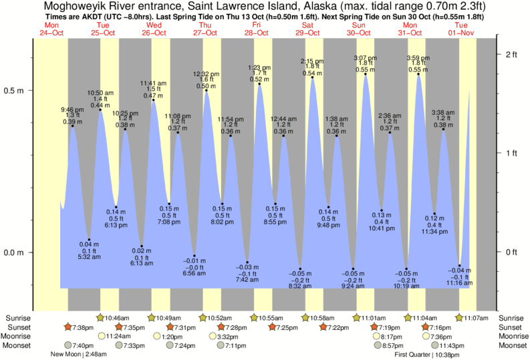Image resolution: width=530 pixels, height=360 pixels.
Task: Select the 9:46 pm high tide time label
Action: click(73, 110)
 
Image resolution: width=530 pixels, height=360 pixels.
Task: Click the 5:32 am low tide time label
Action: click(89, 257)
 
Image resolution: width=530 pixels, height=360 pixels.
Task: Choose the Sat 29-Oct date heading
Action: click(307, 29)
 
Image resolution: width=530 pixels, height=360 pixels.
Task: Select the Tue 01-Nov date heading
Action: click(460, 29)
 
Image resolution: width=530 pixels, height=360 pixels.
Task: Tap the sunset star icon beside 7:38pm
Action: click(68, 327)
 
